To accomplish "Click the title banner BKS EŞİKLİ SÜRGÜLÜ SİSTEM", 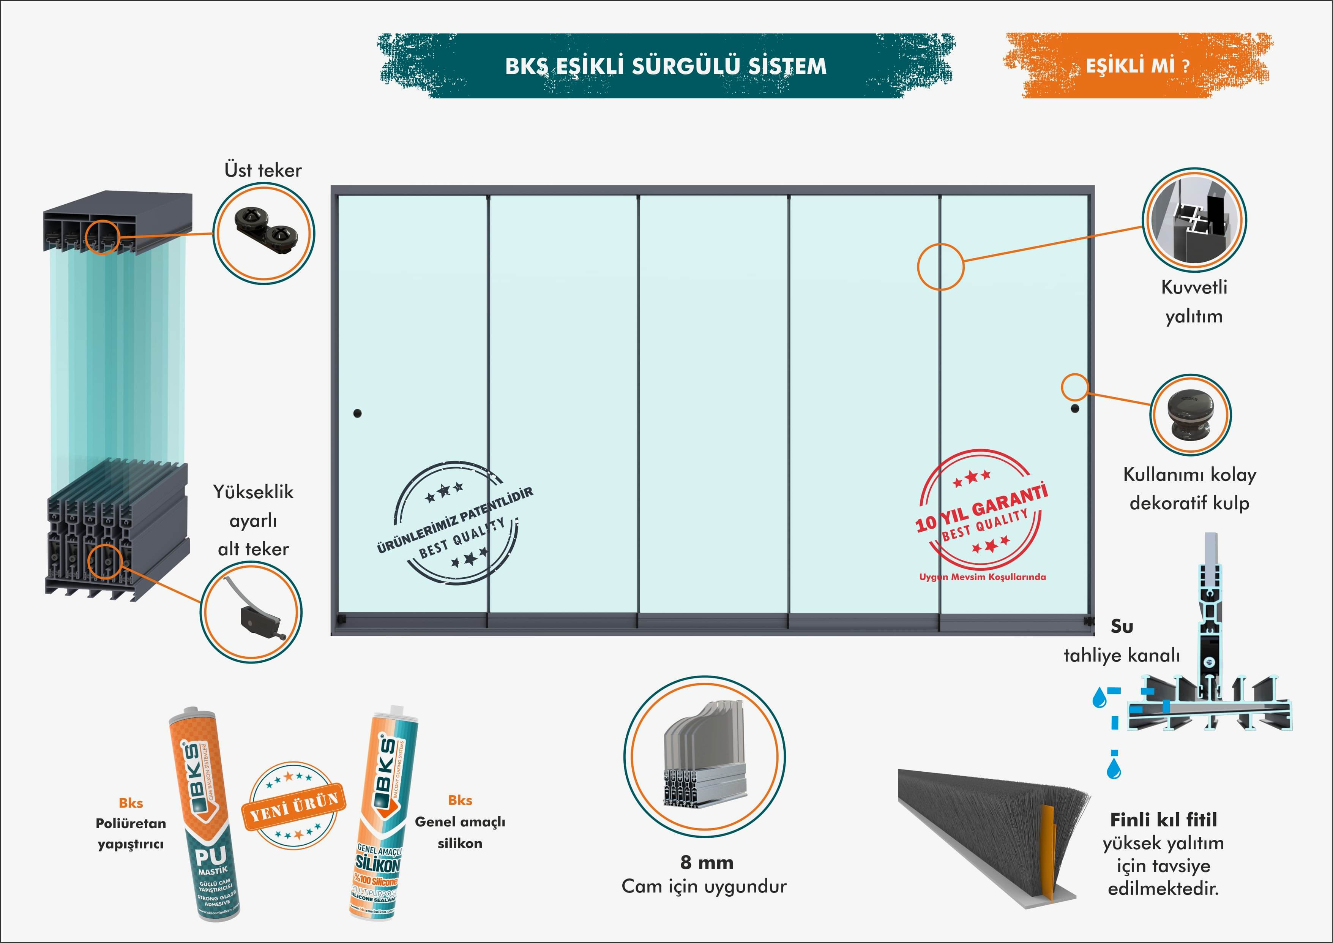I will (x=665, y=66).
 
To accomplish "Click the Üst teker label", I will (x=263, y=170).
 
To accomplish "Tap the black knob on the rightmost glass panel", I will (x=1075, y=409).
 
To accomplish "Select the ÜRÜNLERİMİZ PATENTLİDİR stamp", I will (x=456, y=523).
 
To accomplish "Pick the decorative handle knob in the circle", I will (x=1190, y=414).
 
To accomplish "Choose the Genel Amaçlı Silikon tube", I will (x=383, y=813).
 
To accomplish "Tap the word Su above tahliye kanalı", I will (x=1122, y=627).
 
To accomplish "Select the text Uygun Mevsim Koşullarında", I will (x=982, y=577).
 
